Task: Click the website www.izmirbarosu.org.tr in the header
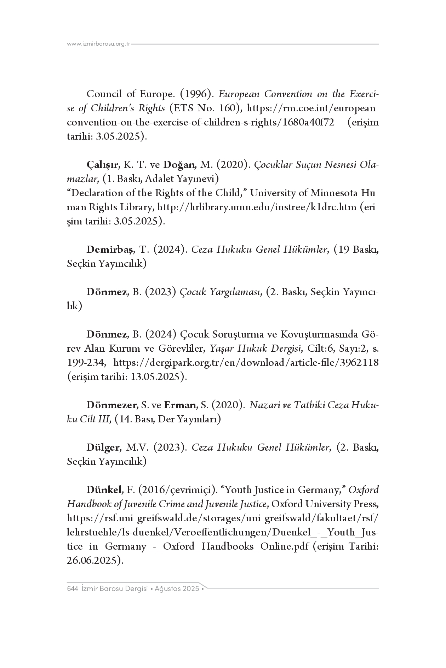coord(99,44)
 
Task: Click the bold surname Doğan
coord(179,165)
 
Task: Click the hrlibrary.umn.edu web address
coord(257,207)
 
